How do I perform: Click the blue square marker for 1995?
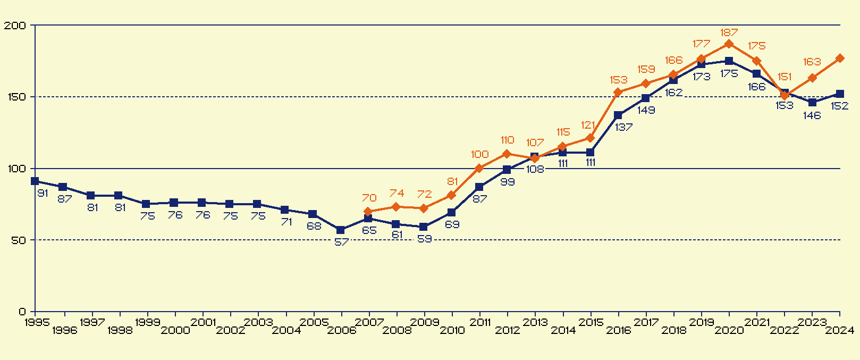point(35,181)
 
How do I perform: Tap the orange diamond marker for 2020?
point(729,44)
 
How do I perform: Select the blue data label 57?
point(342,242)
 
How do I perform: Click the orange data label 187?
point(729,33)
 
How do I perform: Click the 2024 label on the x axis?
point(840,331)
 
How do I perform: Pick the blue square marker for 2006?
point(341,230)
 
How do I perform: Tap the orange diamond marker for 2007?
point(368,212)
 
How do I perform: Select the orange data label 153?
point(619,80)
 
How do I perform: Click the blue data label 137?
point(624,128)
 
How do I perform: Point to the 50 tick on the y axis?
point(18,240)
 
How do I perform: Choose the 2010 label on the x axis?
point(452,331)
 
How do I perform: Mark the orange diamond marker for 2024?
point(840,58)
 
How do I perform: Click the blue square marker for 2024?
point(840,94)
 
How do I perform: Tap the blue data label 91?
point(43,194)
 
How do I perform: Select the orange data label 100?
point(479,155)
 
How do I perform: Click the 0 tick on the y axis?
point(22,312)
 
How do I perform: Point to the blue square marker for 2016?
point(618,115)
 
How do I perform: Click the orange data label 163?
point(812,62)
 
